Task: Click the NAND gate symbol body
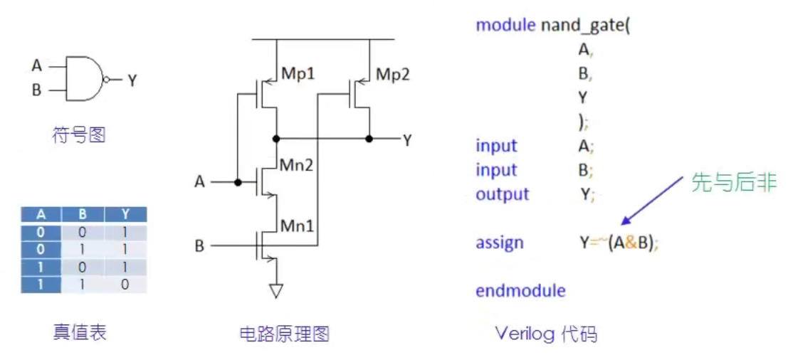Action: click(x=84, y=78)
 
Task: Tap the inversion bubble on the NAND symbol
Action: click(x=107, y=80)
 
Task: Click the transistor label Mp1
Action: click(x=298, y=75)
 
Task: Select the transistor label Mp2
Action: click(x=392, y=75)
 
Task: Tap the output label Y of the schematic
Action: click(x=407, y=140)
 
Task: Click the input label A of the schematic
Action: click(x=200, y=183)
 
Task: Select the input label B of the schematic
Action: click(x=200, y=246)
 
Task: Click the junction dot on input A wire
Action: click(x=237, y=182)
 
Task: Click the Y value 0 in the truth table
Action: click(x=125, y=285)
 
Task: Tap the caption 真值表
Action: click(x=79, y=332)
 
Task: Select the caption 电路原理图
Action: click(x=284, y=334)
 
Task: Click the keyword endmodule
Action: click(x=520, y=291)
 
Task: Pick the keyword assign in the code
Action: click(x=499, y=243)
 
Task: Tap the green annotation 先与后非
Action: click(x=733, y=183)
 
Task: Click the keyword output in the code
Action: click(x=502, y=194)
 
